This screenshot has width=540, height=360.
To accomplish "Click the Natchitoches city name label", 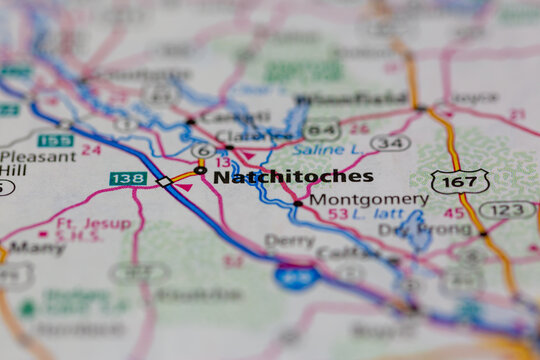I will (x=293, y=177).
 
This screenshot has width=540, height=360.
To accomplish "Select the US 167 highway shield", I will (x=460, y=181).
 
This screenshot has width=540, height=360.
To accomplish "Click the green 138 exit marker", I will (x=128, y=178).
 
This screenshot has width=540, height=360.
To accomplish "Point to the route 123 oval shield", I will (x=506, y=210).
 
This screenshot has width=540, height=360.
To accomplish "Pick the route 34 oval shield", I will (x=390, y=143).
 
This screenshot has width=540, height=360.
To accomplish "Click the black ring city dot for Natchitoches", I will (x=201, y=171).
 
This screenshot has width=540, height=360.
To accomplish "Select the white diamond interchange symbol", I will (x=164, y=182).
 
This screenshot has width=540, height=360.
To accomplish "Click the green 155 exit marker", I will (x=55, y=140).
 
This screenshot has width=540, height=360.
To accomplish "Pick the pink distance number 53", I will (x=338, y=214).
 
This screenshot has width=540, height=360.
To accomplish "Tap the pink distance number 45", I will (x=454, y=212).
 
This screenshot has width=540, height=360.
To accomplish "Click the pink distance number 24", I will (x=91, y=150).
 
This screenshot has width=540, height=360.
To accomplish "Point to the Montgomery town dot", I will (x=297, y=203).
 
